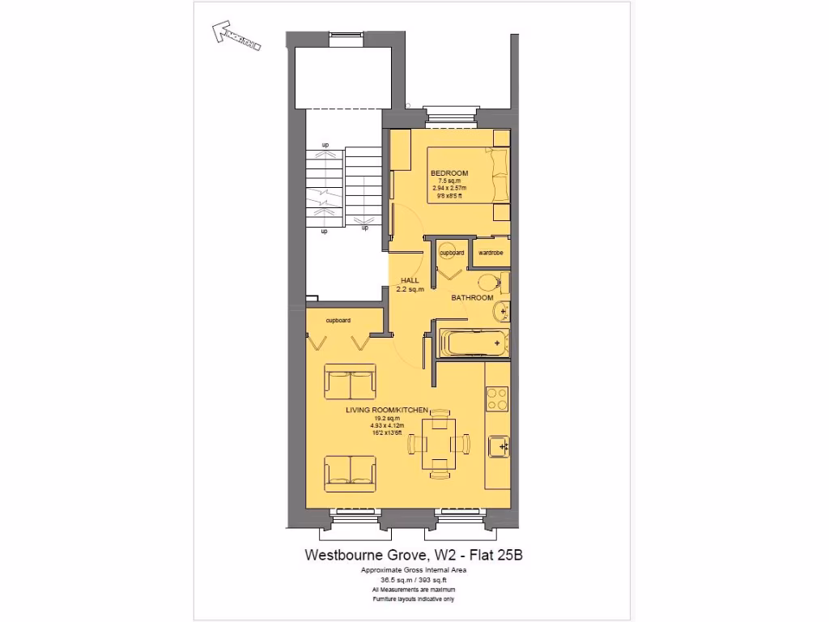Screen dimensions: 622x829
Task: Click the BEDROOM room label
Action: pos(449,173)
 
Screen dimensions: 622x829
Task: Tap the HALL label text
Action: pos(410,280)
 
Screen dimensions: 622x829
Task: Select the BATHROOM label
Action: pos(472,298)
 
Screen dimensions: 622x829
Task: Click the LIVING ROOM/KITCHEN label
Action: pos(386,411)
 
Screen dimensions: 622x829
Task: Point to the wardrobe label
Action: pos(491,253)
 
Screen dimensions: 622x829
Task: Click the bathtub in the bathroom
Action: pos(474,343)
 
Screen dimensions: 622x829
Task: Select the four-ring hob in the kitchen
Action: pos(497,398)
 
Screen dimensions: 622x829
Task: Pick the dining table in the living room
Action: pos(440,443)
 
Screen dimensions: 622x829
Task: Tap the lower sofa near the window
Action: pos(350,471)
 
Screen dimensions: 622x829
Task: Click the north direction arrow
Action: pos(236,36)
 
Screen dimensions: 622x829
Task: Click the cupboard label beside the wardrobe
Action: pos(452,253)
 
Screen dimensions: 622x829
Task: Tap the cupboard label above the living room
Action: pos(338,321)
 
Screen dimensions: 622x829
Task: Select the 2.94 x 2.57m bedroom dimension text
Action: pos(449,188)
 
